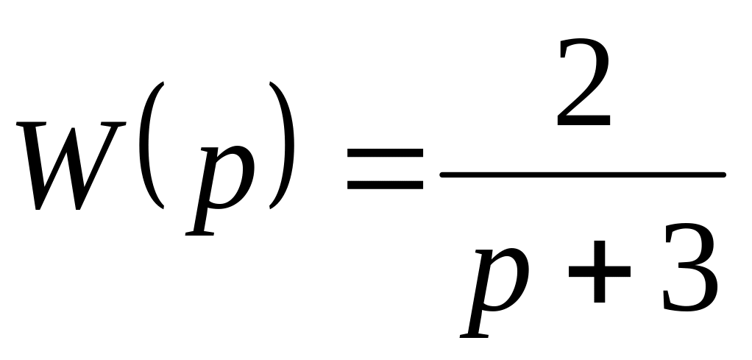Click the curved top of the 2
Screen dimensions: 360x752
(583, 50)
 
